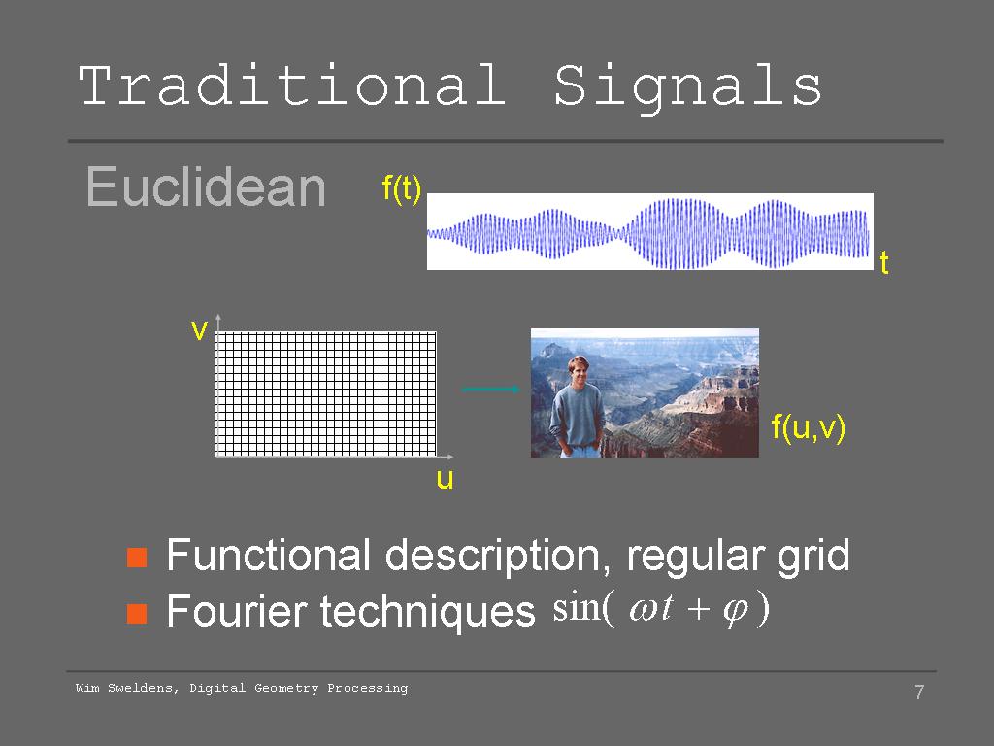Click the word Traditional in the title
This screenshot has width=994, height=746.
coord(291,85)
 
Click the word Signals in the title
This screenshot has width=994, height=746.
coord(688,88)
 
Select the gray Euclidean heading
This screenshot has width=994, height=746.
coord(206,186)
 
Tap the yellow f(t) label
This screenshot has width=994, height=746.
coord(401,189)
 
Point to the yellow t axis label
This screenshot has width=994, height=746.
coord(884,262)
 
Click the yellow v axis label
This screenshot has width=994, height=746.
coord(199,330)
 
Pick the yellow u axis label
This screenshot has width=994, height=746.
coord(445,479)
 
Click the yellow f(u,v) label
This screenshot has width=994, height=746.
coord(809,428)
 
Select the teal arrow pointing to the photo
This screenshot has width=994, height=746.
coord(490,389)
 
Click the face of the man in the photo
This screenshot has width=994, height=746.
coord(579,372)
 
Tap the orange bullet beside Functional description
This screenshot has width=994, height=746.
coord(137,558)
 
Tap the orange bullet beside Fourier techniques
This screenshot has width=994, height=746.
coord(137,614)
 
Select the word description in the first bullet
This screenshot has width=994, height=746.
coord(492,557)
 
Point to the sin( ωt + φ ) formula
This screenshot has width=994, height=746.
coord(661,609)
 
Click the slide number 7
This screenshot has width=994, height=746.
coord(919,692)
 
